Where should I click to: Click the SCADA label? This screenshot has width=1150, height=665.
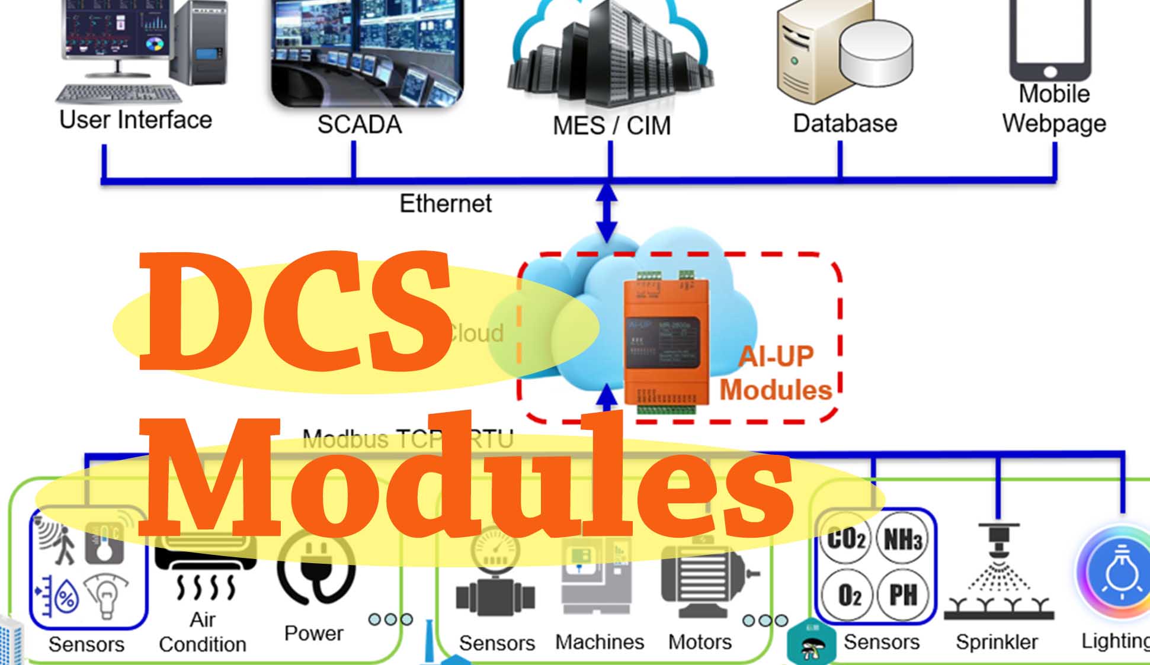359,125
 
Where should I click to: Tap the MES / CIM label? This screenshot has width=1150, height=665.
611,126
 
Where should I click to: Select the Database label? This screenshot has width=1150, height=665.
845,124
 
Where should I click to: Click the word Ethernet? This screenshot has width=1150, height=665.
446,204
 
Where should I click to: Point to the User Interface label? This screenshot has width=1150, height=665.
136,120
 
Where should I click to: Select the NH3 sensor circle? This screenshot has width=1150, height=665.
902,539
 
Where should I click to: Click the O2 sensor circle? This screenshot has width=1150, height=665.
848,594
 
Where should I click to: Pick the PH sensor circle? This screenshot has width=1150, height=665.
902,594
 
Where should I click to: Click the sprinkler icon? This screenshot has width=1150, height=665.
998,571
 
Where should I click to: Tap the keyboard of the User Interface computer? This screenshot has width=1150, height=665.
118,94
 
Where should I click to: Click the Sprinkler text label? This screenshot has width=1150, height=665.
997,642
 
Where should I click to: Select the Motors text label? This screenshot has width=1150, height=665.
700,642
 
